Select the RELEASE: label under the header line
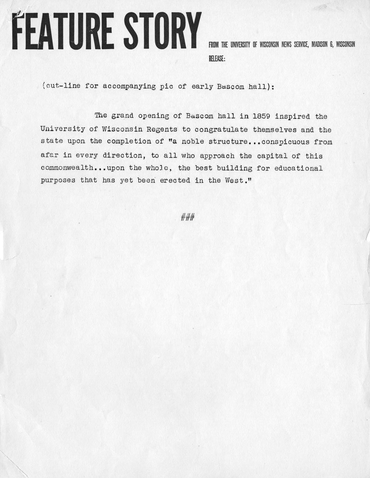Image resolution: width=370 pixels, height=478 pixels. click(217, 59)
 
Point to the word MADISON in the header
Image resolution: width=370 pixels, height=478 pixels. click(323, 45)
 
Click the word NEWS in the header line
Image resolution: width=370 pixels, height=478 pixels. click(286, 45)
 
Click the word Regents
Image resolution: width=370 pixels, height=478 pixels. click(162, 130)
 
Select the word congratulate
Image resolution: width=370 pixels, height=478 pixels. click(221, 130)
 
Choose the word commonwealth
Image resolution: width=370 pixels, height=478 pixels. click(65, 168)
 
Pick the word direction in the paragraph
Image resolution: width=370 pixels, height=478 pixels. click(118, 156)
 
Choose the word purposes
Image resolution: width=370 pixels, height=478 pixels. click(57, 180)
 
